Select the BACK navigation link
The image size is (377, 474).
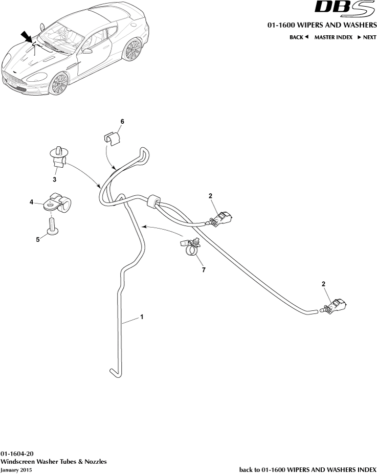[x=299, y=37]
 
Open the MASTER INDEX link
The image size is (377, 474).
[x=333, y=37]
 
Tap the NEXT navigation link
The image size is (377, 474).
[x=367, y=37]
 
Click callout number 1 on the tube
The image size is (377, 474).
[x=142, y=317]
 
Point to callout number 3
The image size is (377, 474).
[x=55, y=179]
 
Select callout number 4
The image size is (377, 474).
[x=32, y=202]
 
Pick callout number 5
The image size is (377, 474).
[x=38, y=239]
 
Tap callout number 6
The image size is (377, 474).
[x=122, y=122]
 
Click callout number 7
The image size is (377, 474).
[x=204, y=269]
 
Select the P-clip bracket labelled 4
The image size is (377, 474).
[x=57, y=203]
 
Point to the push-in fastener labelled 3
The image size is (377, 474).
[x=60, y=156]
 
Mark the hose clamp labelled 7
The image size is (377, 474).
[x=191, y=247]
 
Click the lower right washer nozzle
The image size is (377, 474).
[x=336, y=306]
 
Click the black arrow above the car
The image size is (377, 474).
[x=26, y=37]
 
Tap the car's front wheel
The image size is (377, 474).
[x=59, y=83]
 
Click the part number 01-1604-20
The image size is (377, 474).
[x=17, y=454]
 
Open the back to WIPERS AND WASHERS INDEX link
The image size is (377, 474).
[x=308, y=469]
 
